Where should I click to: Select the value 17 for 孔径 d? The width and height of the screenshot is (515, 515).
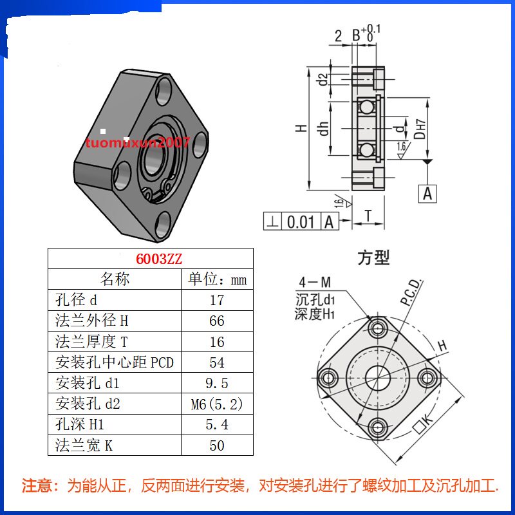click(217, 300)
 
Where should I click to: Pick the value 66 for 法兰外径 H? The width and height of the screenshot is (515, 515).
click(217, 321)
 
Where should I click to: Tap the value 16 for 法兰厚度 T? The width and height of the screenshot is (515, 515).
click(217, 341)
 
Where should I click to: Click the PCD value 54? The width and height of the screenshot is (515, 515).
click(217, 362)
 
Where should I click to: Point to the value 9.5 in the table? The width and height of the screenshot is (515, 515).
click(217, 384)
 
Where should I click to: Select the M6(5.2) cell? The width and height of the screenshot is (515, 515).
click(217, 404)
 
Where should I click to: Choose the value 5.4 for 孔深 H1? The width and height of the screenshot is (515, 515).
click(217, 425)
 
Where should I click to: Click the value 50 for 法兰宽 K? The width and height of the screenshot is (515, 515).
click(217, 445)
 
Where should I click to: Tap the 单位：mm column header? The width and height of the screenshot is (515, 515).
click(217, 279)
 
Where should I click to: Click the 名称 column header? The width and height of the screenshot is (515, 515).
click(115, 279)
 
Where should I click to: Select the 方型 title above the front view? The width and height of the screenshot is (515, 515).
click(373, 258)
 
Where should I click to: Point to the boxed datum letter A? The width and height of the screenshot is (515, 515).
click(427, 192)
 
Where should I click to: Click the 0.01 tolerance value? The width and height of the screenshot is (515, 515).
click(300, 222)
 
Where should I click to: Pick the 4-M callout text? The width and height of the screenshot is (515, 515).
click(315, 282)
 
